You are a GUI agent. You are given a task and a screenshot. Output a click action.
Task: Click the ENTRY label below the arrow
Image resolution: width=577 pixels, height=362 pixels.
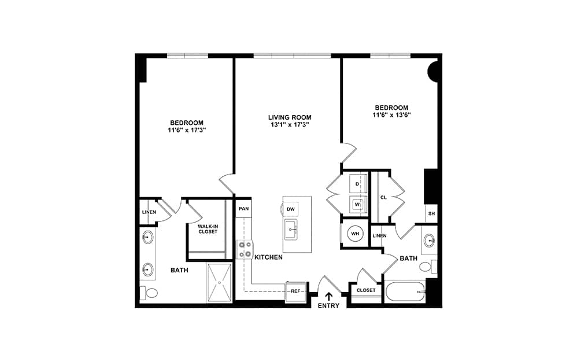click(x=328, y=306)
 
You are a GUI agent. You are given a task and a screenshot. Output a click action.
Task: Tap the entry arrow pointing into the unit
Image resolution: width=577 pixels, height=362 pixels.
click(x=328, y=296)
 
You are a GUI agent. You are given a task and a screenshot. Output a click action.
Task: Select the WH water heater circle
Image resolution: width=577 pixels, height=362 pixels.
click(x=355, y=234)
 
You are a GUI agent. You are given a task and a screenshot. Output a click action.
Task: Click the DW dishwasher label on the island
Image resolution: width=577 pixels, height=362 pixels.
click(x=291, y=209)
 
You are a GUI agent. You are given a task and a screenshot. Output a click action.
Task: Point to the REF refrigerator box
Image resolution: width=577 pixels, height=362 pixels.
click(x=295, y=291)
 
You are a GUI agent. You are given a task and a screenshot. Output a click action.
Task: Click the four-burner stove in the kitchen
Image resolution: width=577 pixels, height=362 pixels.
click(x=245, y=249)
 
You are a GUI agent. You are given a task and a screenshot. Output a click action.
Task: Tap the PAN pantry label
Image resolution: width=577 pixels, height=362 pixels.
click(x=243, y=209)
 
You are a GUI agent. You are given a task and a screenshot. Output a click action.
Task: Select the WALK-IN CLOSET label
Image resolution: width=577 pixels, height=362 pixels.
click(x=208, y=229)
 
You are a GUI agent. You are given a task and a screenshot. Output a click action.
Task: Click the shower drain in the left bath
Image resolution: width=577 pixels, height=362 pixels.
click(x=219, y=283)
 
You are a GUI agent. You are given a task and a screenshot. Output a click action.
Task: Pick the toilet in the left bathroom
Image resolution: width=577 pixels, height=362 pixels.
click(x=149, y=293)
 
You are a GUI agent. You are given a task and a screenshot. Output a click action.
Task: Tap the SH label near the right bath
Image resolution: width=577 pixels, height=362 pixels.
click(x=432, y=213)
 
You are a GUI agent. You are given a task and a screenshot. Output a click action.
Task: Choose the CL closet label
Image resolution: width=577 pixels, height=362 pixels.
click(x=383, y=198)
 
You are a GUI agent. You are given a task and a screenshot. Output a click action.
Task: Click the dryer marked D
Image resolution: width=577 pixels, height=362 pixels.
click(x=358, y=183)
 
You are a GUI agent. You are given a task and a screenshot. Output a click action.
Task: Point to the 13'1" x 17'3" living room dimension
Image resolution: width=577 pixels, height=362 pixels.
click(x=290, y=125)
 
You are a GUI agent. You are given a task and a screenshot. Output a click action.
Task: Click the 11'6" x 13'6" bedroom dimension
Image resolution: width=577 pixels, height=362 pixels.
click(x=391, y=114)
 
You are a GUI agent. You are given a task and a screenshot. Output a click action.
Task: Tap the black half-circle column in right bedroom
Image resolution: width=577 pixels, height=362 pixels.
click(x=433, y=71)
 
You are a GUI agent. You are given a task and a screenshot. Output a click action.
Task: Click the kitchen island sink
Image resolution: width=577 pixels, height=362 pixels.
click(x=291, y=230)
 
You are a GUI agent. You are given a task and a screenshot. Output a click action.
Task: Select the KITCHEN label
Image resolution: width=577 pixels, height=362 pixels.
click(x=269, y=257)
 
